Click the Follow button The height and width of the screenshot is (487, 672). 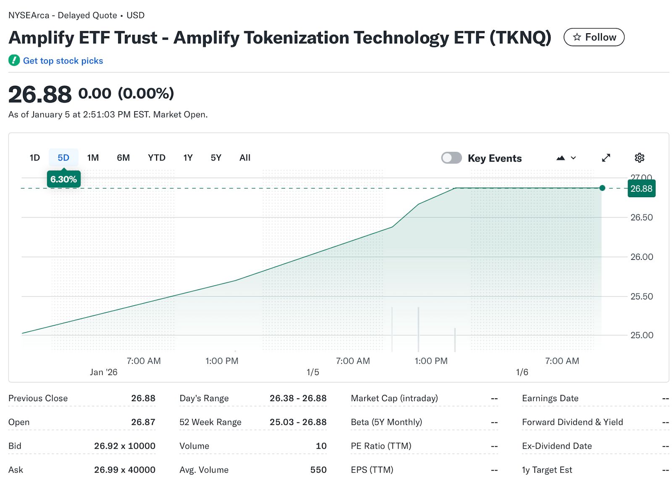pos(593,37)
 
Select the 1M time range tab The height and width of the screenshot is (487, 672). pos(93,158)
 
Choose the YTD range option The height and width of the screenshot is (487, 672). pos(156,158)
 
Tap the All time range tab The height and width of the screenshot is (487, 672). pos(244,158)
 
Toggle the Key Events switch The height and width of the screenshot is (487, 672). pos(451,158)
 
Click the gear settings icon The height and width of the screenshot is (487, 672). pos(639,158)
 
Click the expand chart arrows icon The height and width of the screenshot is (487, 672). pos(606,158)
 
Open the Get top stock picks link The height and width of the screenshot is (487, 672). pos(63,61)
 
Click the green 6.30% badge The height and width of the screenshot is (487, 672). pos(63,179)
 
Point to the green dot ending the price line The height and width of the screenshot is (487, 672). pos(602,188)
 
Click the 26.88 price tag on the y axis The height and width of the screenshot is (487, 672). pos(641,188)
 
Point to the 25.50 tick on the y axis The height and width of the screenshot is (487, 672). pos(641,296)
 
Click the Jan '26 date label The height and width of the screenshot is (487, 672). pos(103,372)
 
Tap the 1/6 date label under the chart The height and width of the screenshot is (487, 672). pos(522,372)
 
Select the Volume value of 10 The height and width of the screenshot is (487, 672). pos(321,446)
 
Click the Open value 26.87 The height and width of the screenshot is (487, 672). pos(143,422)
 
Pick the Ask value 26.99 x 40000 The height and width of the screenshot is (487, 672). pos(124,470)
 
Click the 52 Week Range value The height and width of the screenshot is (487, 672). pos(298,422)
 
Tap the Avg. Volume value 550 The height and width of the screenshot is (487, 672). pos(318,470)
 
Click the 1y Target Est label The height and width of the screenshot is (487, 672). pos(547,470)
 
